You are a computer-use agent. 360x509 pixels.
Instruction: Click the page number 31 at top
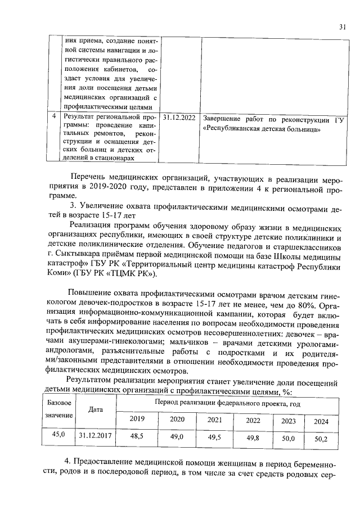click(x=343, y=27)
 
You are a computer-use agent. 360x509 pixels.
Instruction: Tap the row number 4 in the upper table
click(x=53, y=116)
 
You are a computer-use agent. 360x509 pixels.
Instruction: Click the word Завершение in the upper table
click(x=224, y=119)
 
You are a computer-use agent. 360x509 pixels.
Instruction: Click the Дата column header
click(x=96, y=409)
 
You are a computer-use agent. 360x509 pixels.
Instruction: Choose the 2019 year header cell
click(x=137, y=420)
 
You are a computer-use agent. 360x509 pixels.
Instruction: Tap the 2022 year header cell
click(x=253, y=420)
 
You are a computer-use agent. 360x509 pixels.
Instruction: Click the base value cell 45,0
click(x=59, y=435)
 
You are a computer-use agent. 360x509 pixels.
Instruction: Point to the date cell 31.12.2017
click(x=96, y=435)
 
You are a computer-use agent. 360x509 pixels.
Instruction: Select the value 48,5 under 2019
click(x=137, y=436)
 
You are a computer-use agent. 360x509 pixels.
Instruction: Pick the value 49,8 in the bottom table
click(x=253, y=437)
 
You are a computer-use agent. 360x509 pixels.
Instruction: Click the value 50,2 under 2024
click(x=321, y=439)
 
